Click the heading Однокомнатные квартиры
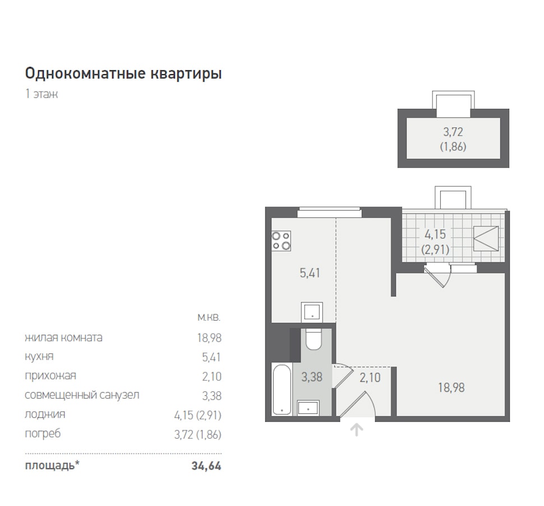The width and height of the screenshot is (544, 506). point(123,74)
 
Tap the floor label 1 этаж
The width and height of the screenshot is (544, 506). point(42,94)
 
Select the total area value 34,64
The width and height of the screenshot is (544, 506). point(206,466)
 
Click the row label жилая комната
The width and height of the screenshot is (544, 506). point(63,338)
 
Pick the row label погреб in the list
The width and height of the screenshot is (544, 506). point(43,434)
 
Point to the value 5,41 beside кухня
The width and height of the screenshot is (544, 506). point(211,357)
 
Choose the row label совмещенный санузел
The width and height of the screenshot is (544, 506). point(82,395)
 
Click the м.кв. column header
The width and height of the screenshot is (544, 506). point(209,318)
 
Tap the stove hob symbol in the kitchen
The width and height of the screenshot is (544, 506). point(282,241)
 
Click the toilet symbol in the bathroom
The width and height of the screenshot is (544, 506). point(314,339)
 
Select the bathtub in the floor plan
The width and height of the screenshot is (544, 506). point(282,389)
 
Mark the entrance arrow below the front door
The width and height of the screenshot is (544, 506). point(356,430)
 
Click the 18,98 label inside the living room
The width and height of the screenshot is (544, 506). point(451,388)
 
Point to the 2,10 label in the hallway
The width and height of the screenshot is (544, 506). point(370,377)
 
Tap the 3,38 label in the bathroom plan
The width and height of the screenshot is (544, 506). point(312,377)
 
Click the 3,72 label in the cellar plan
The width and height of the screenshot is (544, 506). point(453,132)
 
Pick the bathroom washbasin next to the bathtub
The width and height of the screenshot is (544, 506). point(308,408)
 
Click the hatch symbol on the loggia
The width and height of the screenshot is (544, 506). point(486,239)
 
